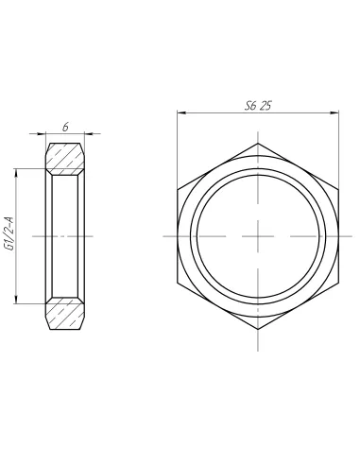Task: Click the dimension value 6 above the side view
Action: click(x=64, y=126)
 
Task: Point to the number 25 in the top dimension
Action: click(x=266, y=107)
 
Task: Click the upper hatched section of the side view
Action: click(x=64, y=158)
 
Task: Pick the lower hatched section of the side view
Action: click(x=64, y=314)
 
